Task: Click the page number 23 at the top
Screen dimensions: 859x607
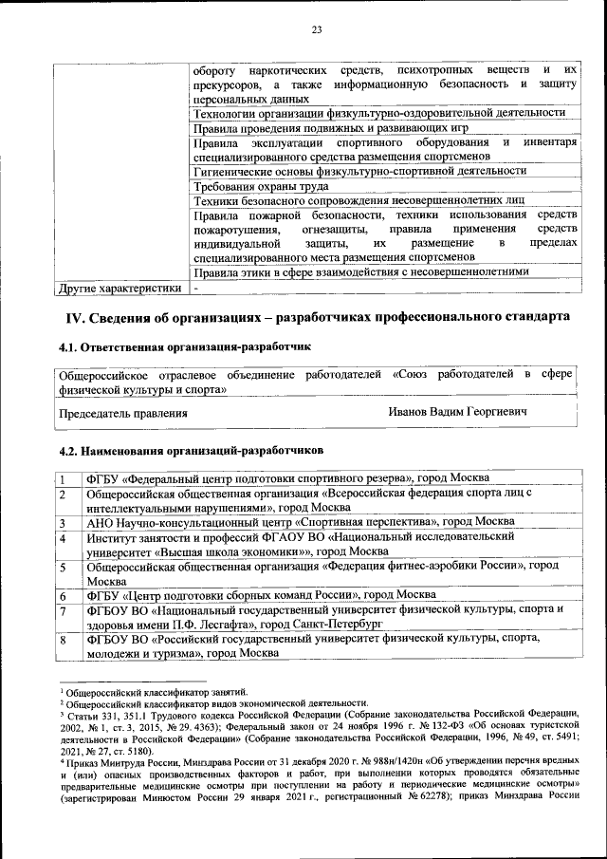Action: tap(316, 30)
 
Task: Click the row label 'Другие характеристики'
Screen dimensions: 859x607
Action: tap(120, 287)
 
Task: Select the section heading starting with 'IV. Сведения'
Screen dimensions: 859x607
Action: tap(317, 316)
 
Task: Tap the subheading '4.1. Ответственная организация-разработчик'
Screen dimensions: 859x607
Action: tap(184, 349)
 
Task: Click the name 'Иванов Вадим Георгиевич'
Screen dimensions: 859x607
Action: tap(457, 413)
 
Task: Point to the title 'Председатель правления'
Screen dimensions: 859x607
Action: tap(123, 414)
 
